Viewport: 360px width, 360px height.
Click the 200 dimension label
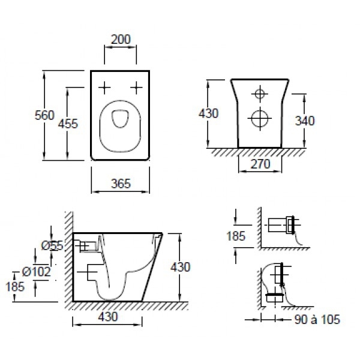[121, 39]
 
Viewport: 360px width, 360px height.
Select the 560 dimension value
[44, 115]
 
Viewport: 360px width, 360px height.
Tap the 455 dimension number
[68, 124]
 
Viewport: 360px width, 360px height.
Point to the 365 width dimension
[121, 184]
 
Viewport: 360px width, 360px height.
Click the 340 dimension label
[305, 121]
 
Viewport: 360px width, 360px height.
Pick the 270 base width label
[260, 164]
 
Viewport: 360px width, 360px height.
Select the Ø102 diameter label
[36, 272]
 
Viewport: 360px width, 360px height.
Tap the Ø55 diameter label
[52, 245]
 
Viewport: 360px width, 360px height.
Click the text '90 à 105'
[317, 319]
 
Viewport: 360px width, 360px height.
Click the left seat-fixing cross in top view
[104, 88]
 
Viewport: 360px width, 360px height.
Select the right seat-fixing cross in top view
[136, 88]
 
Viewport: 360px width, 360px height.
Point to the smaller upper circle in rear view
[260, 94]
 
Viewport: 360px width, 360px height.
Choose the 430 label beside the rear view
[208, 113]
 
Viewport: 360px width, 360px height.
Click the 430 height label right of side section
[180, 267]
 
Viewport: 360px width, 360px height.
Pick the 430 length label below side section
[108, 317]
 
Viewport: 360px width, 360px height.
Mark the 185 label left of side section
[15, 287]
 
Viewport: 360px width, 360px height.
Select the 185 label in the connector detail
[236, 236]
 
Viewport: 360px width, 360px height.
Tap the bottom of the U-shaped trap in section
[110, 299]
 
